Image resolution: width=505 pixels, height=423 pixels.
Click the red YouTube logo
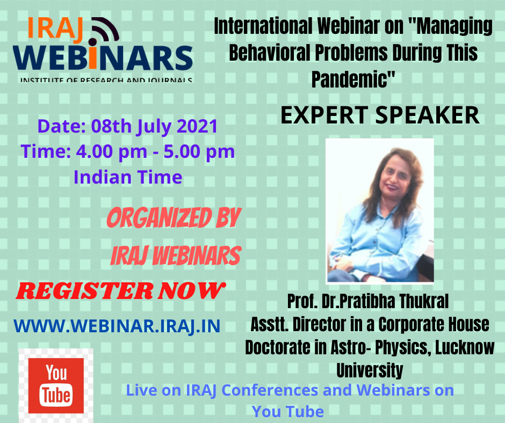click(56, 385)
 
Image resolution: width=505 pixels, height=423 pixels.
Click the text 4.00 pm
click(111, 151)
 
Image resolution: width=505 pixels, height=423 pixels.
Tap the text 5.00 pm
click(199, 151)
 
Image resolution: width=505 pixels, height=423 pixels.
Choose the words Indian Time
click(128, 177)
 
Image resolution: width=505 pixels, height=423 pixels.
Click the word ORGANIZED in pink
click(159, 218)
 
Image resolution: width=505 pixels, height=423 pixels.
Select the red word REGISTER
click(85, 291)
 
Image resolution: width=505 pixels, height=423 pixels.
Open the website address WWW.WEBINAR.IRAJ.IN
click(117, 326)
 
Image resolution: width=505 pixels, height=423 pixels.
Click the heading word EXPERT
click(324, 115)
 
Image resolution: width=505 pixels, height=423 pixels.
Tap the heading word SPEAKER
click(428, 115)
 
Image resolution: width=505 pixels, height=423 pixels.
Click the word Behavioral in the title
click(269, 53)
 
